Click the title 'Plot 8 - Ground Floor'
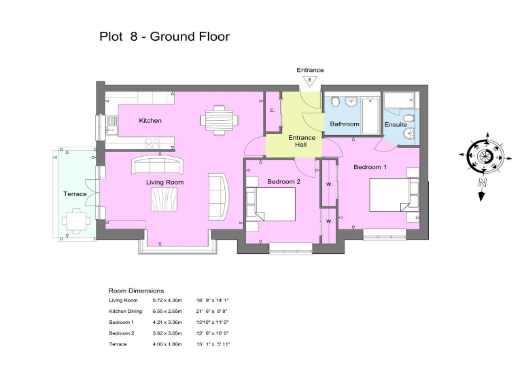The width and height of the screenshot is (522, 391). (164, 37)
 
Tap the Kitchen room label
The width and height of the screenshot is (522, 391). (150, 121)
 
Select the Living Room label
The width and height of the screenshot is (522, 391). (165, 183)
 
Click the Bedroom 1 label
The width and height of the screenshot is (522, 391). (370, 167)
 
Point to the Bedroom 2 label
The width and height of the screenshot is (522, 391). (283, 182)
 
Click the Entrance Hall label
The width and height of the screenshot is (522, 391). (302, 142)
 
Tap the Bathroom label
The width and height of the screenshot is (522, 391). (345, 124)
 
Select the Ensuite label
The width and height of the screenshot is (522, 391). (396, 125)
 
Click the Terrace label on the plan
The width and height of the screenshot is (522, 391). (75, 194)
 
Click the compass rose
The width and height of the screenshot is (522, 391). (485, 157)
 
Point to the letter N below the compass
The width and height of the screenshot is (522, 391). (481, 183)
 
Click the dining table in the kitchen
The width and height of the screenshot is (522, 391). (220, 119)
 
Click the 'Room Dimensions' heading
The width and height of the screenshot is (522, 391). (136, 291)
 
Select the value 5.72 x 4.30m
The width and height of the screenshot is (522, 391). (167, 300)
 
